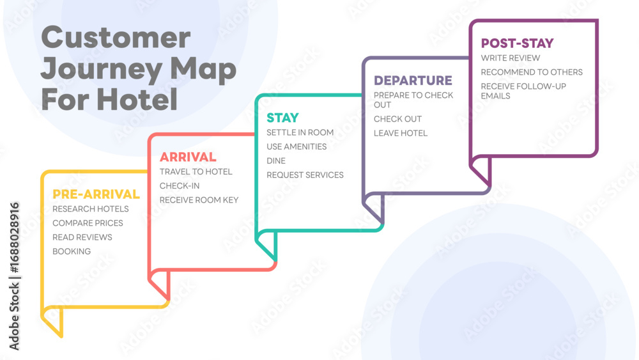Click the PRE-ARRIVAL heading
[x=96, y=194]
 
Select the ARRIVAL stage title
[x=188, y=157]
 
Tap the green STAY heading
[x=283, y=118]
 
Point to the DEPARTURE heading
[x=413, y=81]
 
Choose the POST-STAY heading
[x=517, y=43]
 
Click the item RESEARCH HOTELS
[x=91, y=208]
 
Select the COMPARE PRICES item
[x=88, y=223]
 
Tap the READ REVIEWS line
[x=82, y=237]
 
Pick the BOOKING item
[x=72, y=251]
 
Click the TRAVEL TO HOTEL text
[x=196, y=171]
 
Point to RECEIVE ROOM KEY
[x=199, y=200]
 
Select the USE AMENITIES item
[x=296, y=147]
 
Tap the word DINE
[x=276, y=161]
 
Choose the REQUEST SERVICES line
[x=305, y=175]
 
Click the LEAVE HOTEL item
[x=401, y=133]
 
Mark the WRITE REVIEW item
[x=511, y=58]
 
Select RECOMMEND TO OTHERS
[x=532, y=72]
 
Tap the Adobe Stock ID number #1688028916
[x=14, y=238]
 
